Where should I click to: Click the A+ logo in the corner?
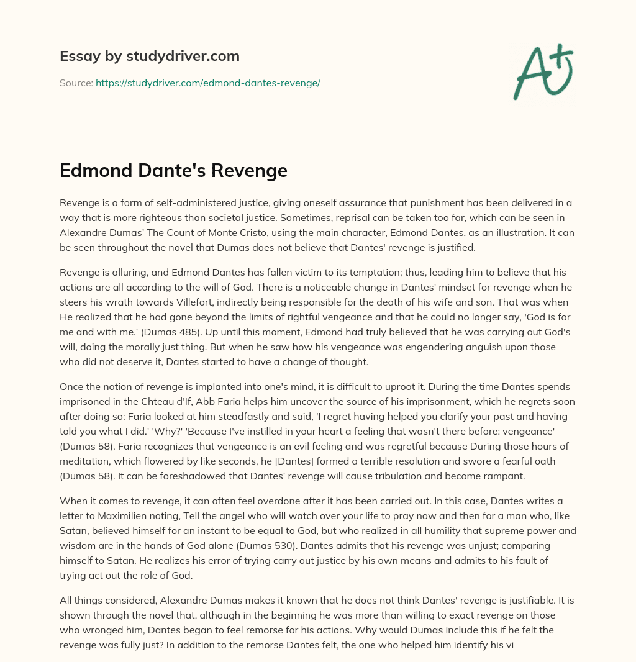(x=543, y=71)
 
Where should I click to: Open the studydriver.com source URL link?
(x=207, y=83)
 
